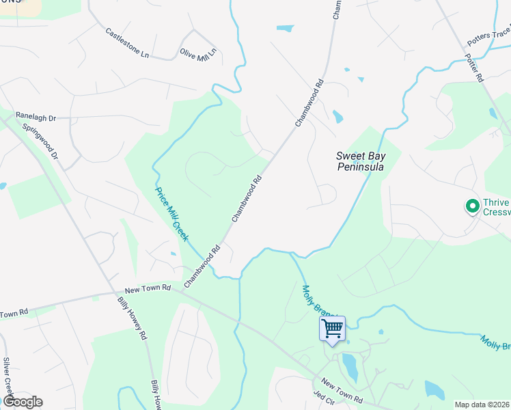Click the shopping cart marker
point(332,329)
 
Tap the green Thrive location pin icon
point(471,205)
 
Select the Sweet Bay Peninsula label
point(360,161)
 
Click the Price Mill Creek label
point(172,215)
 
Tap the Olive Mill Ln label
point(198,53)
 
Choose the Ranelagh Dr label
point(35,117)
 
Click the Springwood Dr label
point(40,142)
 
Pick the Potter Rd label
point(473,68)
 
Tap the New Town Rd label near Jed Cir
point(340,390)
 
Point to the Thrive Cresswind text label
point(496,207)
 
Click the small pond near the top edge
point(285,29)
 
